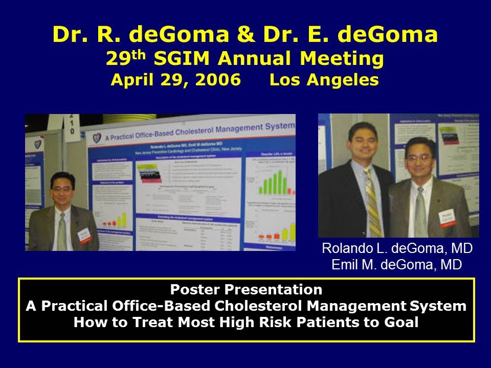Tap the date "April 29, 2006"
click(175, 80)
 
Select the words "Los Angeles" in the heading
click(324, 80)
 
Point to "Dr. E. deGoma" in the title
click(352, 35)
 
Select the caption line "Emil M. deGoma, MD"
click(397, 264)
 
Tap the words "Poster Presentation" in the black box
click(246, 290)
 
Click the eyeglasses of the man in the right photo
click(418, 158)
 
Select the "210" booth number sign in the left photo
click(72, 124)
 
